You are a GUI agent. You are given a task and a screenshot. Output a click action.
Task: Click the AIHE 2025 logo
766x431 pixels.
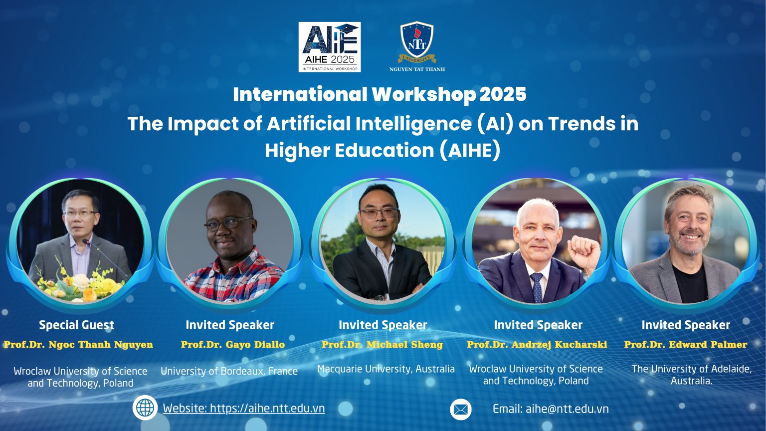point(329,47)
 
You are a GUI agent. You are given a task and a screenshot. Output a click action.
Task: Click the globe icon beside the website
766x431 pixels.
point(145,408)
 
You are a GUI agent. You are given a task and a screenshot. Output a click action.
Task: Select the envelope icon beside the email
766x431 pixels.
point(461,410)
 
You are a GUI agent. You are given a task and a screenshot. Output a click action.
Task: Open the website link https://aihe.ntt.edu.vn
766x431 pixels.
point(244,408)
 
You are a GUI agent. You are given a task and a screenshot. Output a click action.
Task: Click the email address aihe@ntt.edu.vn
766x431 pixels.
point(551,409)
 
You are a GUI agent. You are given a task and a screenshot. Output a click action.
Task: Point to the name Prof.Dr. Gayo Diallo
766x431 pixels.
point(233,345)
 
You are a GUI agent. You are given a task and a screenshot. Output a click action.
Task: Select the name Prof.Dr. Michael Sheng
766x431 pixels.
point(383,345)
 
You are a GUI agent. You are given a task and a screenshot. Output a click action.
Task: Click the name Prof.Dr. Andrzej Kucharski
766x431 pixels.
point(537,345)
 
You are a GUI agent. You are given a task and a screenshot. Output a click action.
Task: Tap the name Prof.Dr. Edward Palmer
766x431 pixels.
point(686,345)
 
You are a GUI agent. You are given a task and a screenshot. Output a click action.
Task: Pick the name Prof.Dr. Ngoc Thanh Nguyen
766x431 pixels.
point(78,345)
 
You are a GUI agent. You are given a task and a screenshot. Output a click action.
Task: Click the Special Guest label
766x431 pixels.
point(77,325)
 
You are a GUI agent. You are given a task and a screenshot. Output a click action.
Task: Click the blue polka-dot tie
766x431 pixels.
point(537,287)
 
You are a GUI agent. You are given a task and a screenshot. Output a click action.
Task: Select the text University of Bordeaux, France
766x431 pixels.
point(229,371)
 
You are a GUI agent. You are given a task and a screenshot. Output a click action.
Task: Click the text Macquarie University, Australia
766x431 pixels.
point(386,369)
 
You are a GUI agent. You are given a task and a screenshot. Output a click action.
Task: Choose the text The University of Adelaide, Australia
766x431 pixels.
point(692,375)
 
